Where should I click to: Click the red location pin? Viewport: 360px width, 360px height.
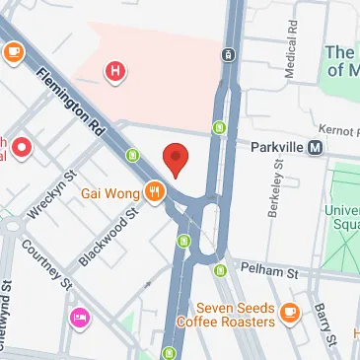[x=175, y=159]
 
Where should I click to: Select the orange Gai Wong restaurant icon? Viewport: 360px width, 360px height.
[x=154, y=192]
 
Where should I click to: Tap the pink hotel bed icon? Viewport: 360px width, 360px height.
[x=79, y=318]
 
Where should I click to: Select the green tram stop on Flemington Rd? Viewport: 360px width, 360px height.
[x=133, y=155]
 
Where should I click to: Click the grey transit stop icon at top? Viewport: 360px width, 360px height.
[x=229, y=54]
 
